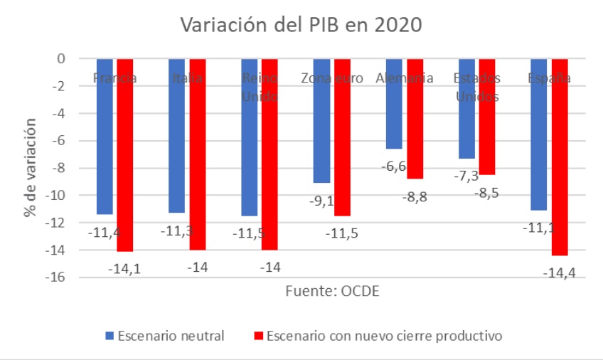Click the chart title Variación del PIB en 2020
[x=301, y=25]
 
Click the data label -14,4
[x=558, y=272]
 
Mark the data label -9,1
[x=321, y=201]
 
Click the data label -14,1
[x=124, y=268]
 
